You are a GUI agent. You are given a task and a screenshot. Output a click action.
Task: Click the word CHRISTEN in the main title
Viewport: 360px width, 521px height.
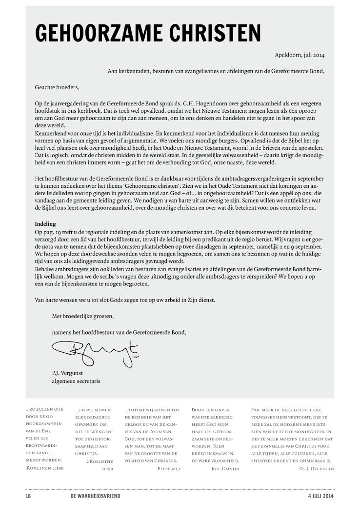tap(215, 33)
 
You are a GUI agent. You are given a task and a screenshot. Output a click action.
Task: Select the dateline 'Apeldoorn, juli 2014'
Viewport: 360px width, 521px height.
tap(300, 55)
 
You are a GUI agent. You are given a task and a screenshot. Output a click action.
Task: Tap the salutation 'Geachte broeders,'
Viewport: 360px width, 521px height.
tap(57, 88)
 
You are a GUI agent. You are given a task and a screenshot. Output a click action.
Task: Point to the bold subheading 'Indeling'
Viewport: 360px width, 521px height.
tap(45, 224)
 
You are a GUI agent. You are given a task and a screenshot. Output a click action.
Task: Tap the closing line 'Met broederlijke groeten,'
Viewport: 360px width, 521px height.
tap(82, 316)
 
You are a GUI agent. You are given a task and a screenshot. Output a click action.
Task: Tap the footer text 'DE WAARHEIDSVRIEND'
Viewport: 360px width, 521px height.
tap(95, 496)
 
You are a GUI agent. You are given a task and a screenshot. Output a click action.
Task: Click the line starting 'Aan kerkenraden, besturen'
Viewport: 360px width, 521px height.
tap(216, 71)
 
